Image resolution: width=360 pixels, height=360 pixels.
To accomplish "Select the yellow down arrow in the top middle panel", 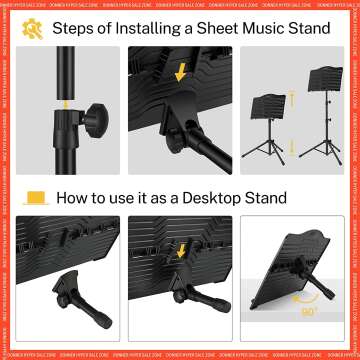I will click(180, 71).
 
